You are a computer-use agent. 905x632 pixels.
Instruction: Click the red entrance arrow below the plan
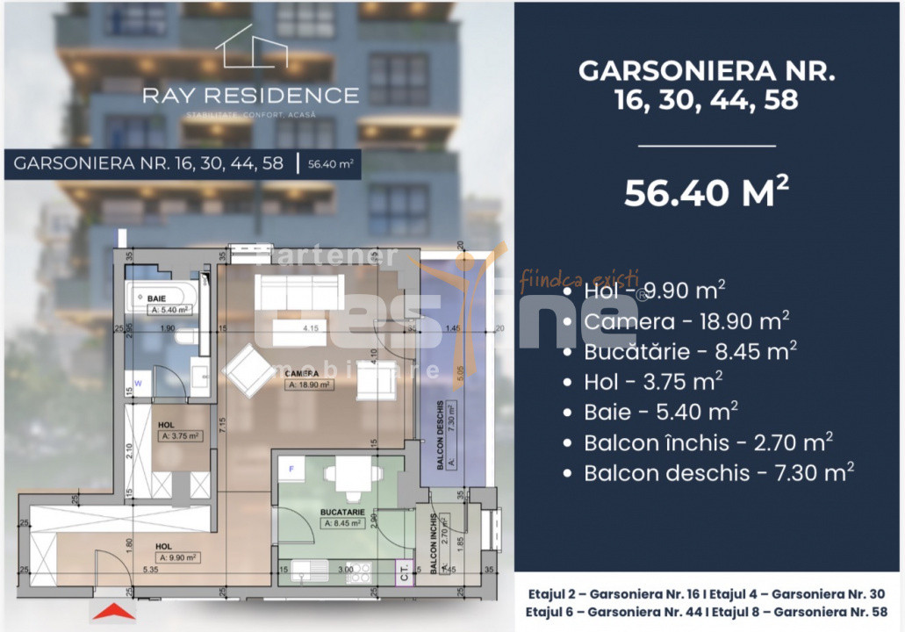(x=115, y=613)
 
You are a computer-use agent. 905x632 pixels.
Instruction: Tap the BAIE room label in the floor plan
(x=157, y=298)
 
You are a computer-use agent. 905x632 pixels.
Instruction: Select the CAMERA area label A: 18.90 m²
(x=306, y=384)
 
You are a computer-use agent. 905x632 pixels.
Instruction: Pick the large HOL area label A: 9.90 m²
(x=176, y=557)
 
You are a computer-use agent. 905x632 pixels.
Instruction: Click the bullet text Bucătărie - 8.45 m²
(x=690, y=351)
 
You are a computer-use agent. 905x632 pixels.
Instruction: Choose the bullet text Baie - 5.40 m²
(x=660, y=411)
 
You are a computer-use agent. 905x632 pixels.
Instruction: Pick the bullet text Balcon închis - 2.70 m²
(x=708, y=442)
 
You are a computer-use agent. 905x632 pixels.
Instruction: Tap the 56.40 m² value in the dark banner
(x=331, y=163)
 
